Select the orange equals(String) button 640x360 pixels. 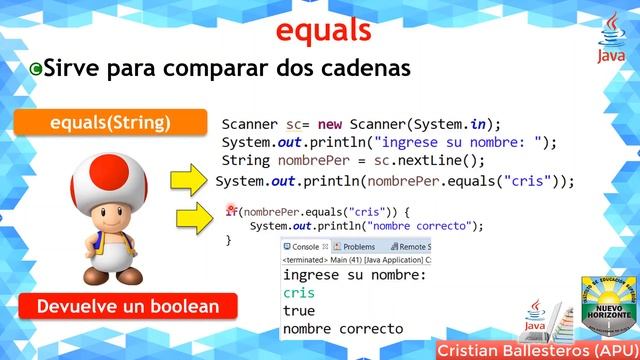pyautogui.click(x=110, y=123)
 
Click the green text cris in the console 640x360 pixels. pyautogui.click(x=298, y=293)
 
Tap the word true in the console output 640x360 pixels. pyautogui.click(x=299, y=311)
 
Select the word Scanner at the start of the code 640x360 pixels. pyautogui.click(x=251, y=124)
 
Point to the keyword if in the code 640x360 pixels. pyautogui.click(x=230, y=211)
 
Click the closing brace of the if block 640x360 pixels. pyautogui.click(x=228, y=240)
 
